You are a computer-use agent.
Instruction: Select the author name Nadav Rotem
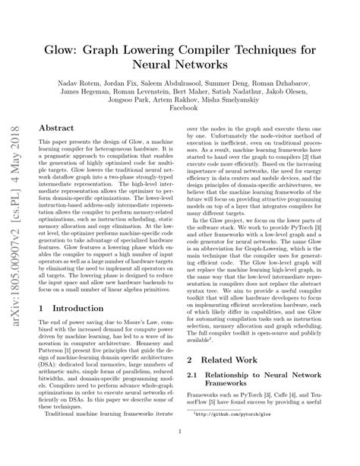80,78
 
